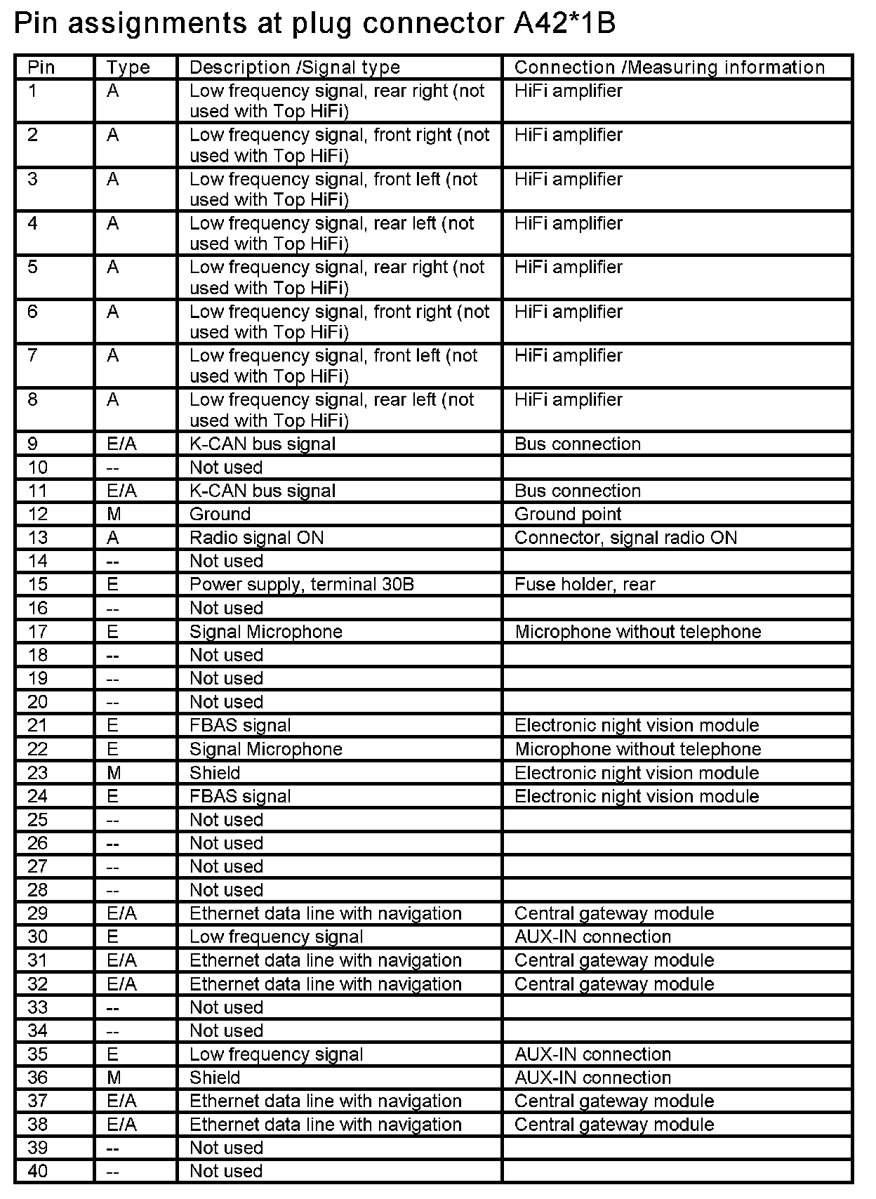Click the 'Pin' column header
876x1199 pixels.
[x=41, y=67]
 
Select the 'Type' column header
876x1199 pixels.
[x=128, y=67]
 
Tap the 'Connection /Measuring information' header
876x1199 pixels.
[x=669, y=67]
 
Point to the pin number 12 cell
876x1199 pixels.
[x=38, y=515]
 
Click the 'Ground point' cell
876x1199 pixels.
[x=567, y=515]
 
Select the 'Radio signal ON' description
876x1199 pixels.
[x=256, y=538]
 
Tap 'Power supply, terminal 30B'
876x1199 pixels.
[x=301, y=585]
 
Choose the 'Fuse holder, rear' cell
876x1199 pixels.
[x=584, y=585]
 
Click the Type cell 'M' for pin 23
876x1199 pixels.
[x=114, y=773]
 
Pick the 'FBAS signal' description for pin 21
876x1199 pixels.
[x=239, y=726]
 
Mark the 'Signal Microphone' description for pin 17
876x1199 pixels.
[x=265, y=632]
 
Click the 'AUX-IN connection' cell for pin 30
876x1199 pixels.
[x=592, y=937]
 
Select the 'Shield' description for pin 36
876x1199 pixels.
[x=214, y=1078]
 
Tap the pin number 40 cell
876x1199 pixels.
[x=38, y=1172]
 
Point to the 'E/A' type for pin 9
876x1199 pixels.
[x=121, y=444]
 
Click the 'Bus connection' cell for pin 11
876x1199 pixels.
[x=577, y=491]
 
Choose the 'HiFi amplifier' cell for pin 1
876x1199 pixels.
[x=568, y=91]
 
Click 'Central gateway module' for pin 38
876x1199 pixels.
[x=613, y=1125]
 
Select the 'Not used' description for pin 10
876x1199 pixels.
[x=225, y=468]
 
